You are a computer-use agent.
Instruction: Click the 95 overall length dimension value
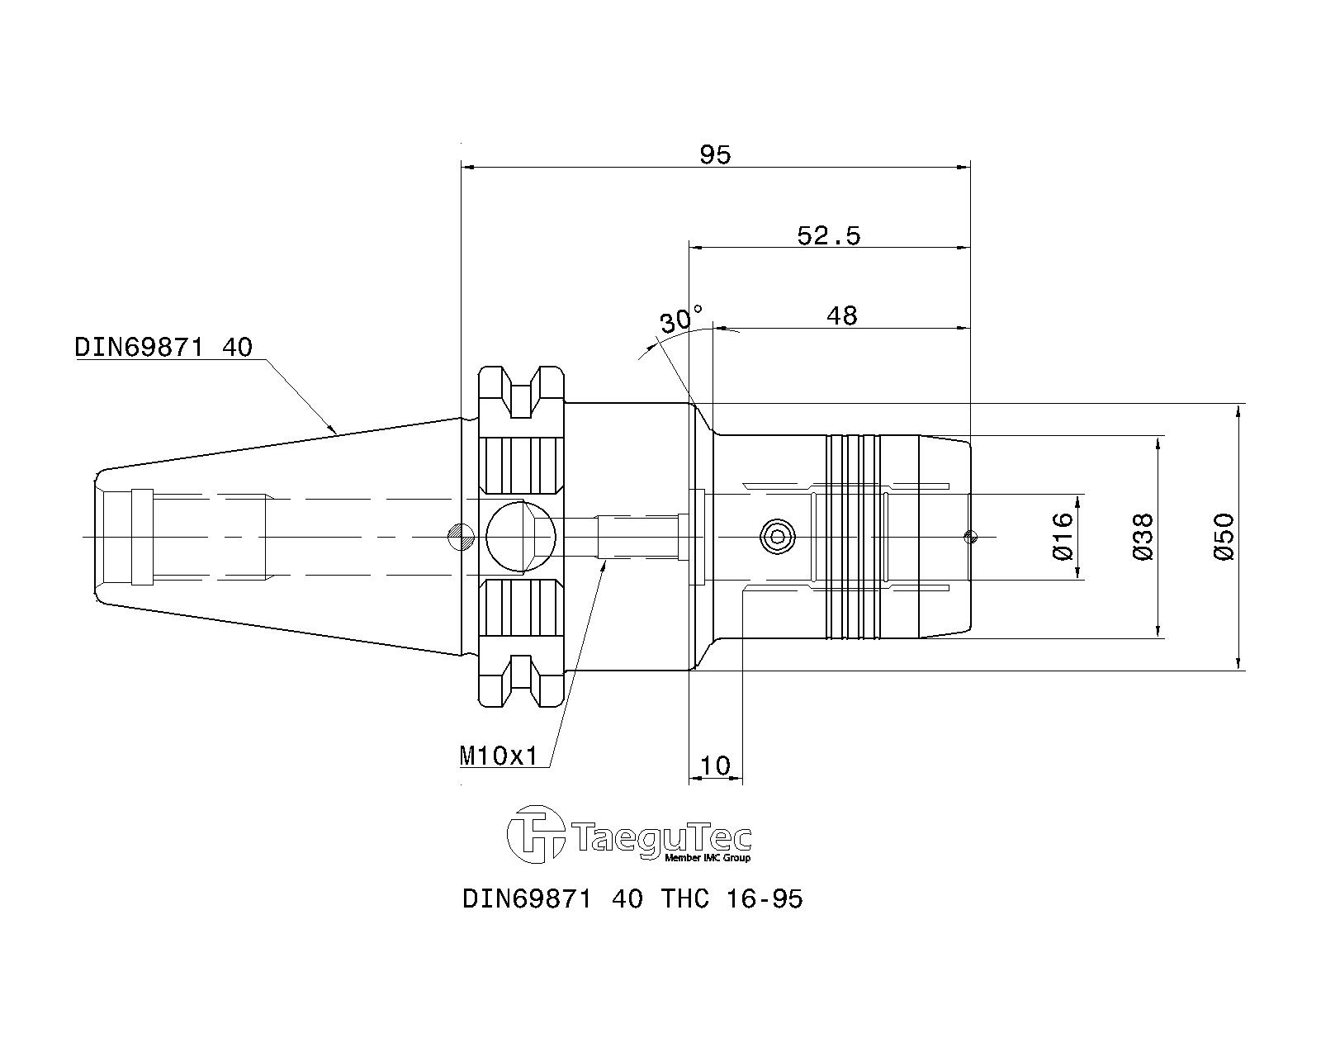(x=715, y=154)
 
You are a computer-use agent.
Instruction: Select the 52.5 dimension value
(x=829, y=236)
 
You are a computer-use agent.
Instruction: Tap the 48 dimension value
(x=841, y=315)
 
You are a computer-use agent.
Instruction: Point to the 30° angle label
(x=680, y=320)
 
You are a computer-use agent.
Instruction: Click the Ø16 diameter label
(x=1063, y=536)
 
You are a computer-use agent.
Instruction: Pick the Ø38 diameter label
(x=1143, y=537)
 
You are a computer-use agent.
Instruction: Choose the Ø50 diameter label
(x=1224, y=537)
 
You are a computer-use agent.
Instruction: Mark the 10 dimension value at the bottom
(x=715, y=765)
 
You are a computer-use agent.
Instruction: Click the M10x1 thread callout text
(x=499, y=756)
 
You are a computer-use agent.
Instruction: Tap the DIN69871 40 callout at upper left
(x=163, y=348)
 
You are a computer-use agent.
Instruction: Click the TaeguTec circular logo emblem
(x=535, y=834)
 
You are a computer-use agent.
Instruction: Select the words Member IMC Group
(x=708, y=858)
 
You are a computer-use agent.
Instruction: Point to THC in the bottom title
(x=685, y=900)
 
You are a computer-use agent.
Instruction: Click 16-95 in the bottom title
(x=765, y=900)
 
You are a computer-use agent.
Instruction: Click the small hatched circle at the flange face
(x=461, y=537)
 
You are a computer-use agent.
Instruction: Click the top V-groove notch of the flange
(x=521, y=393)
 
